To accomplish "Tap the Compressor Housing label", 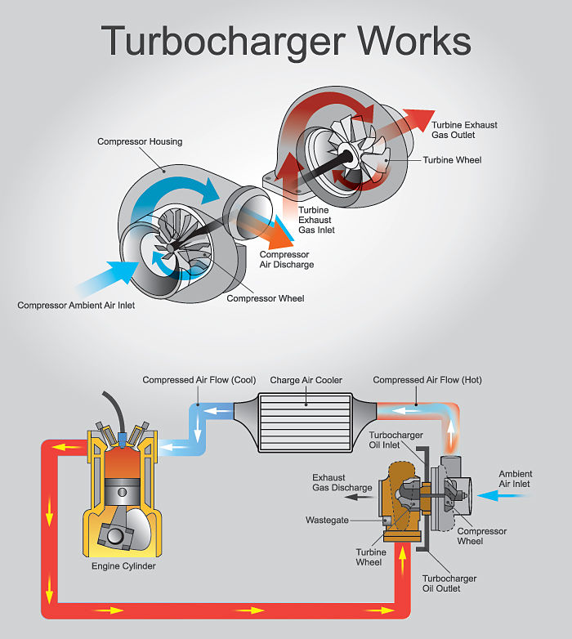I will pos(140,141).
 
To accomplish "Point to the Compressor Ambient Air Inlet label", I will pos(76,306).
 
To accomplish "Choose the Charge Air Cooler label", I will pos(306,380).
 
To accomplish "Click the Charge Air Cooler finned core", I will pos(305,422).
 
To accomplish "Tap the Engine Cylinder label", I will pos(124,565).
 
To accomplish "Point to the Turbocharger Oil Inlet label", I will pos(395,440).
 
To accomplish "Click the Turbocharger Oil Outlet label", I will pos(449,583).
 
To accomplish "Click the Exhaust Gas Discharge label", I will pos(342,482).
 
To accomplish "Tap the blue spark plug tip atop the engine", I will pos(122,439).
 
